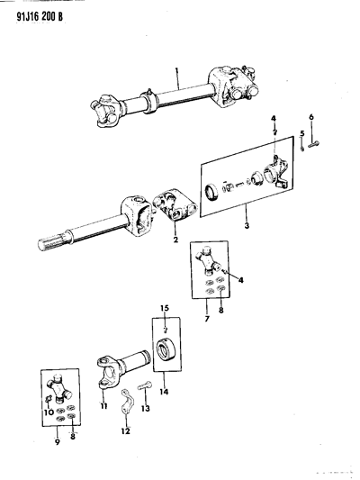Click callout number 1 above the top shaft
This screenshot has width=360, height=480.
point(177,73)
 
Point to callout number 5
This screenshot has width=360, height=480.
point(302,133)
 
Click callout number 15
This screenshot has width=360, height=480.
point(166,311)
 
